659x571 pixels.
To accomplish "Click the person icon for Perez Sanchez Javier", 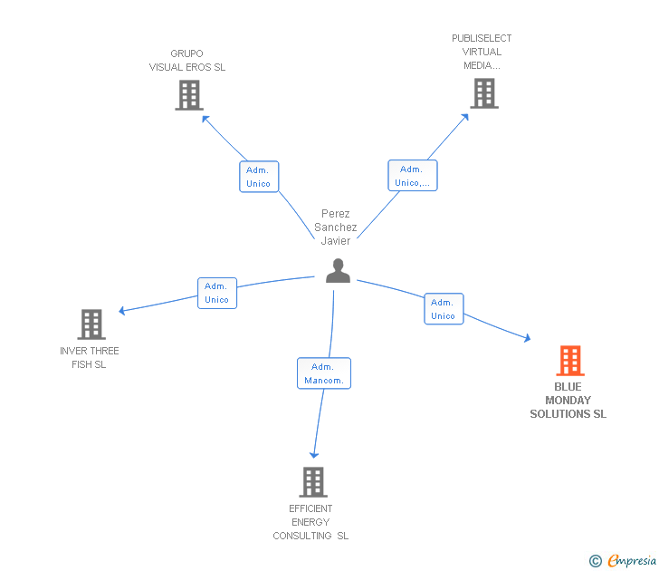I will point(338,271).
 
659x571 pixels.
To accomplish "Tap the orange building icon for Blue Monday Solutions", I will point(569,361).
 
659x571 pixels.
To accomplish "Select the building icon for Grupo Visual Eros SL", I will point(188,95).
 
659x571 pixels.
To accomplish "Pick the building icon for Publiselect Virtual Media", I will point(483,93).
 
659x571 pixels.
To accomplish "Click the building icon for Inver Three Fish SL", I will point(91,324).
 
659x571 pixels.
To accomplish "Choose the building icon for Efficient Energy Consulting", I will point(313,482).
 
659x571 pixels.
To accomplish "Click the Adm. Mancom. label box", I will point(324,373).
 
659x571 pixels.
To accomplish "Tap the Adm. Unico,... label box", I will point(412,176).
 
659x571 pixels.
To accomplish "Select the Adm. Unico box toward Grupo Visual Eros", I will point(259,177).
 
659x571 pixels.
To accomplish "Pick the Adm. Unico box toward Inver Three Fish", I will point(217,293).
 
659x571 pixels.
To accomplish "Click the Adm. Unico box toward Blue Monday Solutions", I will point(444,309).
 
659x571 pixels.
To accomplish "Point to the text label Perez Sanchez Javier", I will point(336,227).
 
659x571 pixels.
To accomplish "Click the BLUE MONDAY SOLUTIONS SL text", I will point(568,401).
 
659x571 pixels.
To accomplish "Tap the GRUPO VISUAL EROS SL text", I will point(187,61).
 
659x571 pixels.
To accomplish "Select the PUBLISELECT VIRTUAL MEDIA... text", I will point(482,52).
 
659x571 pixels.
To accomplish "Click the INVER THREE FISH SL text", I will point(90,358).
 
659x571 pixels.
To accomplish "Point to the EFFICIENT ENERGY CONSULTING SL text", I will point(310,522).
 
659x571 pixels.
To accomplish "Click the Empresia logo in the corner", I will point(631,561).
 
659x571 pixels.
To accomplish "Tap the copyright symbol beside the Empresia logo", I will point(596,562).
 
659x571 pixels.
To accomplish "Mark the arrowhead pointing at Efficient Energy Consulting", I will point(314,453).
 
